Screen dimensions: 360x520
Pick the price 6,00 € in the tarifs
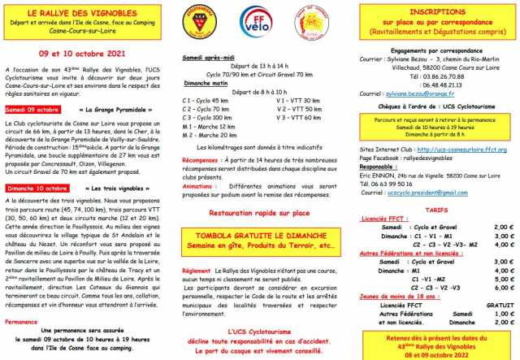coord(503,299)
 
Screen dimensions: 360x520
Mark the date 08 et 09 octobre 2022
coord(438,353)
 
